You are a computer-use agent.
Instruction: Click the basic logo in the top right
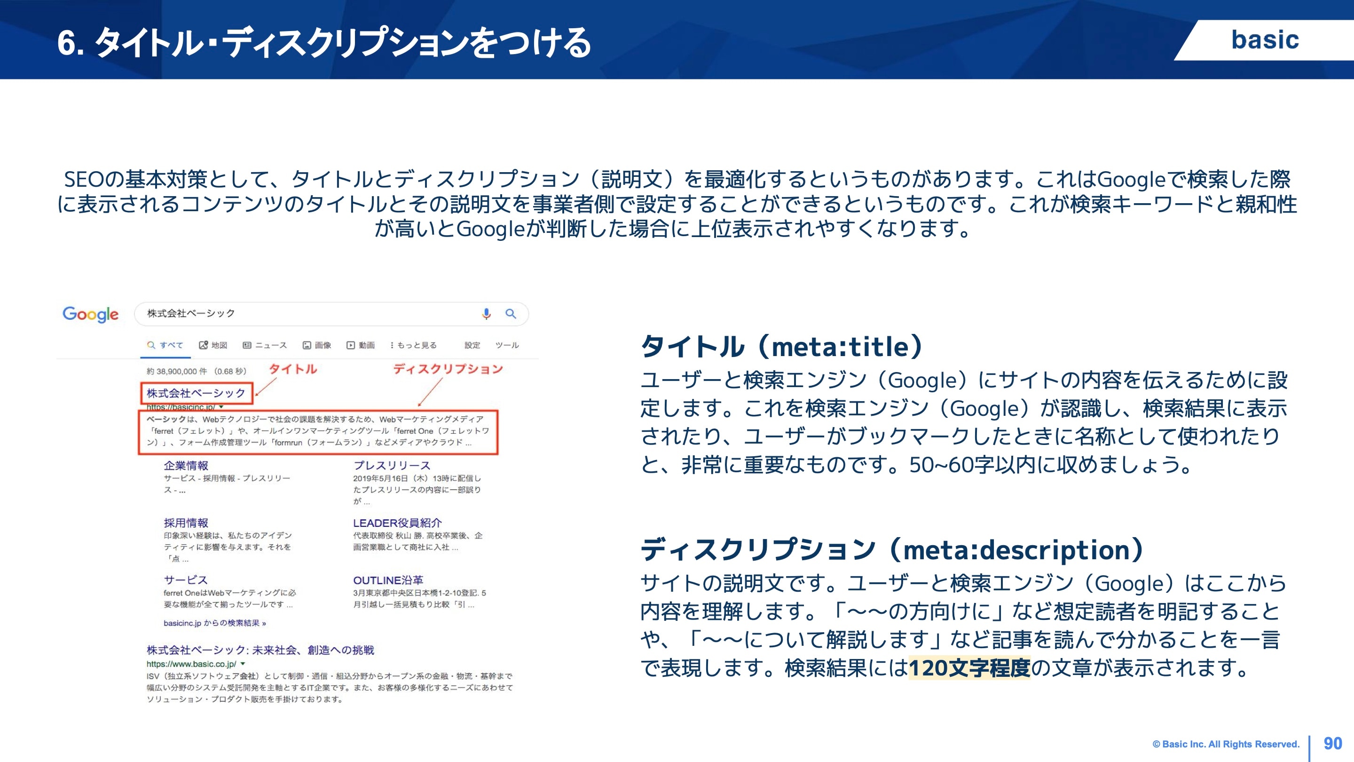(1265, 40)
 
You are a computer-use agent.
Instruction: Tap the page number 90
(1332, 743)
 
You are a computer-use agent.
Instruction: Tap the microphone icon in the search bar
(486, 313)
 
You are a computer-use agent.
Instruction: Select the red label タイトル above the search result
(293, 369)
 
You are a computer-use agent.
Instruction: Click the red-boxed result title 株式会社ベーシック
(196, 393)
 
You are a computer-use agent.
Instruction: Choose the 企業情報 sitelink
(186, 465)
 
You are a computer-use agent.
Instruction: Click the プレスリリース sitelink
(392, 465)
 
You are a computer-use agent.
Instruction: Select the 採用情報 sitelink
(186, 523)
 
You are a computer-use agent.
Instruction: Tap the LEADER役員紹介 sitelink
(397, 523)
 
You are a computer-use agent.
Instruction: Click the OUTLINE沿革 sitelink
(388, 580)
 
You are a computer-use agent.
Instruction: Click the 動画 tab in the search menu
(361, 345)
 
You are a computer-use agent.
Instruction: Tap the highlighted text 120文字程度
(968, 668)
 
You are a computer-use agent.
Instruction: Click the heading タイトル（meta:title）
(781, 347)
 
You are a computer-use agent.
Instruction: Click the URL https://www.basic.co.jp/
(191, 664)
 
